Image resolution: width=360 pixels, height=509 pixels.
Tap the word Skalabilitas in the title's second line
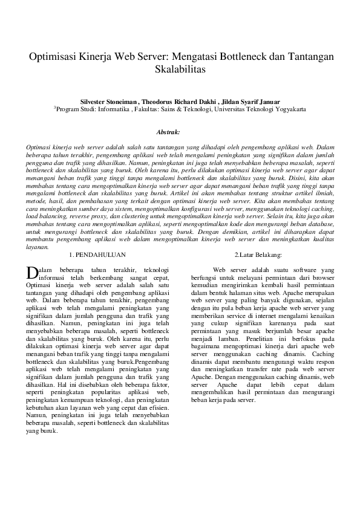pos(180,69)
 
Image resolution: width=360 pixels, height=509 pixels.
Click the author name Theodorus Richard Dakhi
pos(179,102)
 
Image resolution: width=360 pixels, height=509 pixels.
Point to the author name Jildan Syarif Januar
pos(250,102)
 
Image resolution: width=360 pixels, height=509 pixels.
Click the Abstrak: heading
pos(168,131)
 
